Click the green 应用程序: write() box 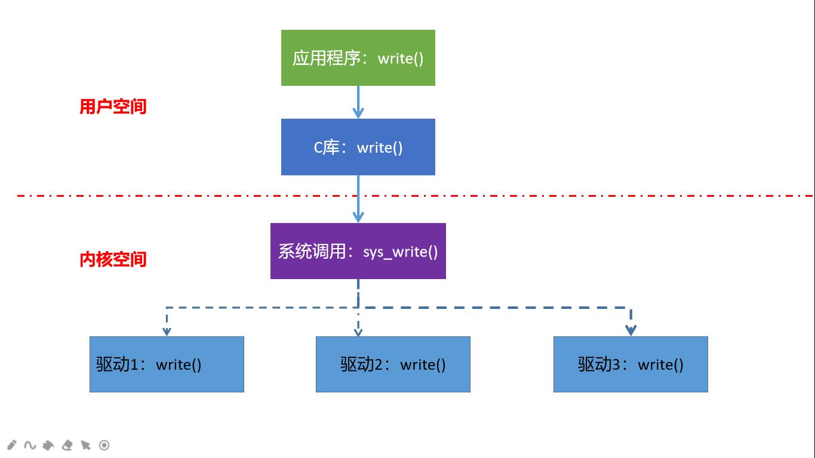(x=358, y=58)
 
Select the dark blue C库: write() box (x=358, y=147)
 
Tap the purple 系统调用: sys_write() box (x=358, y=251)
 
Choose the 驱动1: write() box (x=167, y=364)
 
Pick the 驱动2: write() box (x=393, y=364)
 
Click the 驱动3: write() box (x=631, y=364)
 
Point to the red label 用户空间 (x=113, y=107)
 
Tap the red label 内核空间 (x=113, y=259)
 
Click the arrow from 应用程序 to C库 (x=358, y=102)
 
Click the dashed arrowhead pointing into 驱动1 (x=167, y=330)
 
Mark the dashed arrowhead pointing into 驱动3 (x=631, y=330)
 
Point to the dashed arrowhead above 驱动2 (x=358, y=332)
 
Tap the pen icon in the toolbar (x=11, y=445)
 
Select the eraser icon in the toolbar (x=67, y=445)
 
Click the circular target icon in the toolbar (x=104, y=445)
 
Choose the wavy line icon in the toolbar (x=30, y=445)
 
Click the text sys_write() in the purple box (x=400, y=252)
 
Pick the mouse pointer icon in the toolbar (x=85, y=445)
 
